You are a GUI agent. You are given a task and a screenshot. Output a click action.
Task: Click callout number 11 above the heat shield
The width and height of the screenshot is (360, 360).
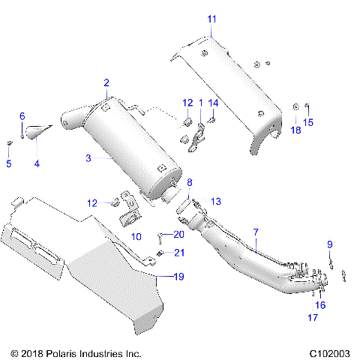(x=211, y=18)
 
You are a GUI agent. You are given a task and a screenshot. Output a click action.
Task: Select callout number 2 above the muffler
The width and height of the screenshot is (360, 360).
(x=106, y=82)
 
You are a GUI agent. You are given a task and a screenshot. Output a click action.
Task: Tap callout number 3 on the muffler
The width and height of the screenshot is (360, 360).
(x=88, y=158)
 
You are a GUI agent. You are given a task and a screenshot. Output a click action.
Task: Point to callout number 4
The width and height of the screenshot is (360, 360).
(x=35, y=163)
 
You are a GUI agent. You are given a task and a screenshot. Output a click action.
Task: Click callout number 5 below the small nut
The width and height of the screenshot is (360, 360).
(x=9, y=163)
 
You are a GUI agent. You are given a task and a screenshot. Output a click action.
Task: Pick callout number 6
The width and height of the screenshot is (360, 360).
(x=22, y=116)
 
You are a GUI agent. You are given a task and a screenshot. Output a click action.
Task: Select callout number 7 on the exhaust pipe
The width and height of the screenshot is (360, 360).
(x=255, y=232)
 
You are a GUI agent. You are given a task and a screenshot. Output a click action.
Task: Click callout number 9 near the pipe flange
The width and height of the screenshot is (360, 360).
(x=328, y=244)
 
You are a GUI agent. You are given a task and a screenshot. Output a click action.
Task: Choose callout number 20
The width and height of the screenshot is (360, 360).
(x=178, y=234)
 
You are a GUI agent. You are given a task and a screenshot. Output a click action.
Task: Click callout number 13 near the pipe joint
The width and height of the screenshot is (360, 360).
(x=216, y=201)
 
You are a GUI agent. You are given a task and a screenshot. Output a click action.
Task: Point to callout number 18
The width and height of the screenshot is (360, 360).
(x=295, y=130)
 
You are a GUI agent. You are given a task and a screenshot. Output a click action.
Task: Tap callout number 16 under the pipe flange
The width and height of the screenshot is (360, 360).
(x=320, y=305)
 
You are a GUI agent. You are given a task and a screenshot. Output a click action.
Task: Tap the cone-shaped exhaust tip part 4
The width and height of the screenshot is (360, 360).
(x=37, y=133)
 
